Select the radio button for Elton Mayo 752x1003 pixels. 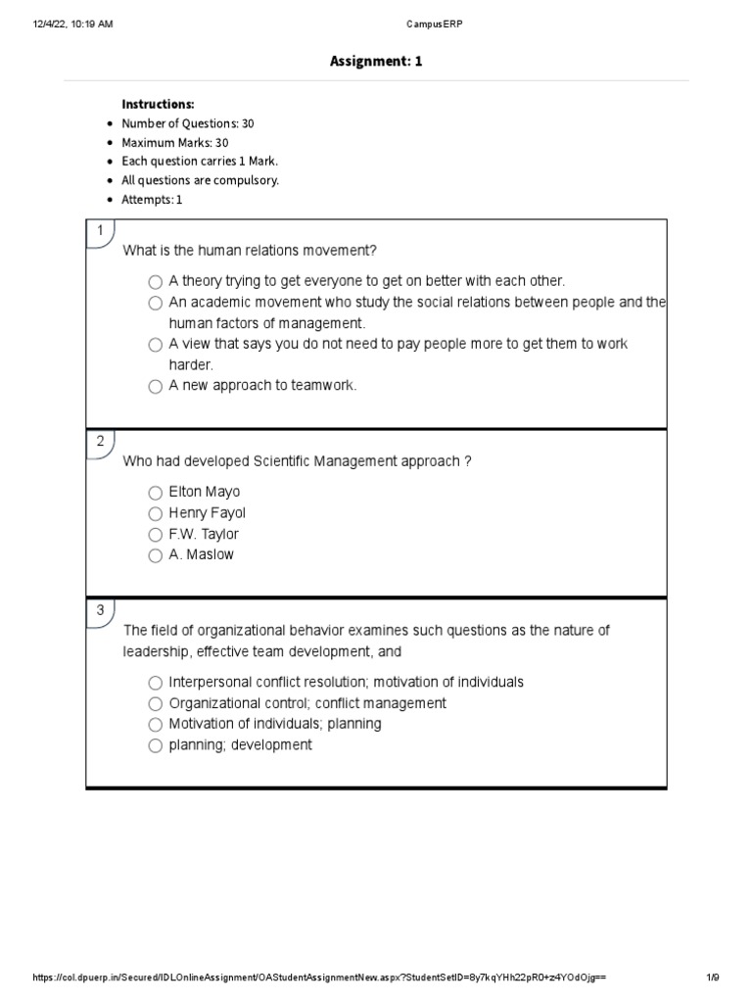pos(156,493)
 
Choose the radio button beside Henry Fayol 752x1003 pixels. pos(156,514)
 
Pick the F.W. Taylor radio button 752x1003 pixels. pos(156,535)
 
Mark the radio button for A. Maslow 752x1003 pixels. pos(156,555)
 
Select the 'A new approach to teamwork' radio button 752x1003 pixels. pos(156,386)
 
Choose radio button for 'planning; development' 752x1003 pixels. pos(156,745)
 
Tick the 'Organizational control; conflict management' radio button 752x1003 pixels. pos(156,704)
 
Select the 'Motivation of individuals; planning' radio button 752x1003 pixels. pos(156,725)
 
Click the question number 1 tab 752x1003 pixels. pos(99,231)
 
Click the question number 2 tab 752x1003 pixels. pos(99,442)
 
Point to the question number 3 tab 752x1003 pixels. pos(99,611)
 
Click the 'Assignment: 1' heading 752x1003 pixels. pos(376,62)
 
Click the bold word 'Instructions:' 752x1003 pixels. pos(158,104)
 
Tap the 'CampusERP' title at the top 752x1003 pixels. pos(376,24)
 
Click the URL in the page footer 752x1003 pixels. pos(319,978)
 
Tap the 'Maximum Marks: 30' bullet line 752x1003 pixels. pos(174,143)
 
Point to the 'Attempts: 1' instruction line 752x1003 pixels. pos(152,200)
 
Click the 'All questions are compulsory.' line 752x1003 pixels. pos(200,181)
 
